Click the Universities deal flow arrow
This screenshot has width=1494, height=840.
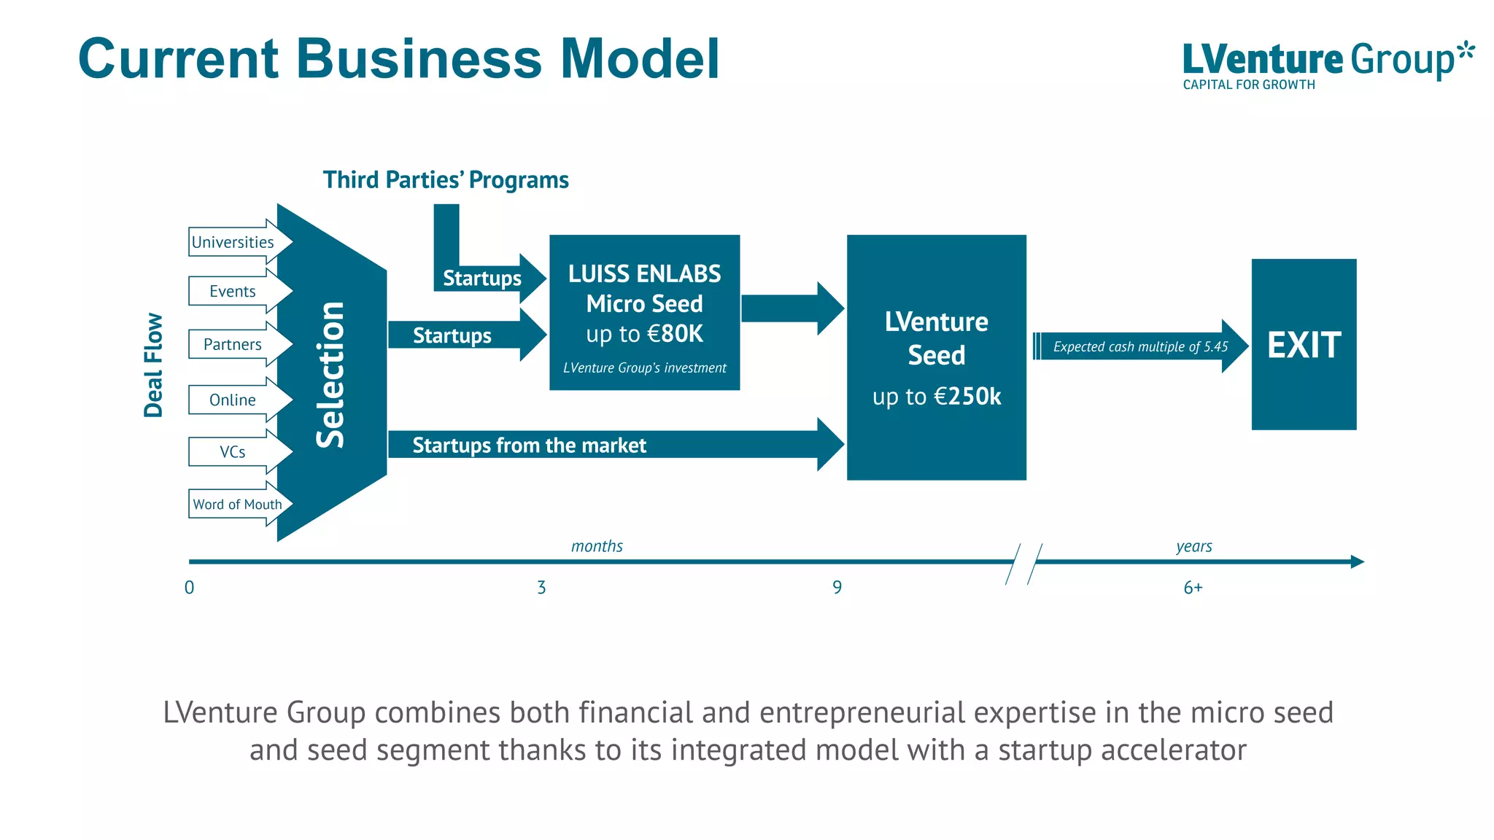coord(233,242)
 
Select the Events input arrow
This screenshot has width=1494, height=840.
coord(233,291)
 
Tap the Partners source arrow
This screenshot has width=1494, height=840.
coord(233,344)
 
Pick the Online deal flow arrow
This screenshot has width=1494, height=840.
coord(233,400)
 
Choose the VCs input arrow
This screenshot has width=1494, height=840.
coord(233,452)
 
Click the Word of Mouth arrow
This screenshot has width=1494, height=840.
coord(237,504)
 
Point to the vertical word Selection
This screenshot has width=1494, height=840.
coord(330,374)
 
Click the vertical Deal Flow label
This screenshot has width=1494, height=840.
coord(153,365)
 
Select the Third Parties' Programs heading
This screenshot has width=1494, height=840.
coord(446,180)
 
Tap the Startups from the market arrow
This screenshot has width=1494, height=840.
coord(530,445)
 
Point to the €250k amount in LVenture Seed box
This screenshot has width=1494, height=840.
coord(968,396)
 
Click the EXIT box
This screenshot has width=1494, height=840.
coord(1304,344)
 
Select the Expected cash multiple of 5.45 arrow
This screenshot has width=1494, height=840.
coord(1140,346)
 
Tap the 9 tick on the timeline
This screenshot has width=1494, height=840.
coord(837,587)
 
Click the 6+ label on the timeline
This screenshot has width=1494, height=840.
coord(1193,588)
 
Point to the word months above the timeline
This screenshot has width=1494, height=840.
coord(597,546)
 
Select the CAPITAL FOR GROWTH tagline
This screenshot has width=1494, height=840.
coord(1249,85)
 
